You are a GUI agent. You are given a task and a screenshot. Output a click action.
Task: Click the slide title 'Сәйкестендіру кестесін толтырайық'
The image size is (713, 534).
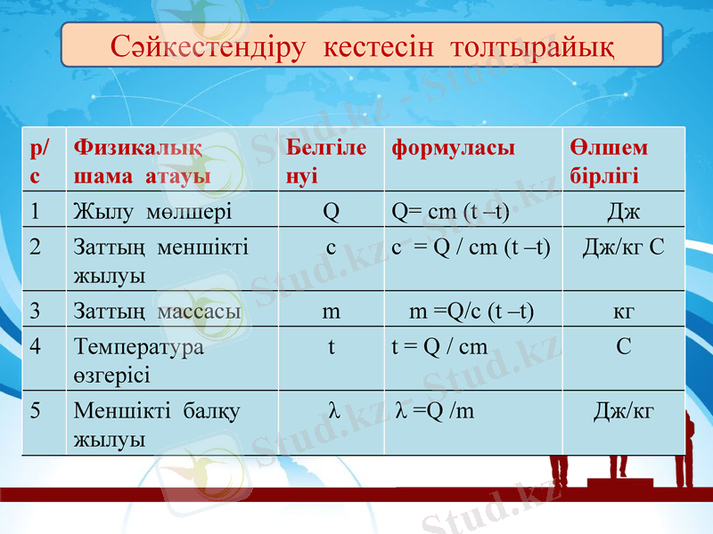[362, 45]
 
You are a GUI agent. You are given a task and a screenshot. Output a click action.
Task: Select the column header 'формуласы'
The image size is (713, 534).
[453, 148]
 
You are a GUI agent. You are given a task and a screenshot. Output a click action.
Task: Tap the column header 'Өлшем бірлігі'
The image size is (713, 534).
[609, 160]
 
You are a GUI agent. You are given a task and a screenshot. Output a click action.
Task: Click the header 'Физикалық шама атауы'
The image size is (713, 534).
[143, 160]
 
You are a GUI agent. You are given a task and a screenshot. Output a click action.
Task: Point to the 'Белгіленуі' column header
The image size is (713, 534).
[326, 160]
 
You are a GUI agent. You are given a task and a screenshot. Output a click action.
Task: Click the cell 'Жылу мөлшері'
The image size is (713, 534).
[152, 212]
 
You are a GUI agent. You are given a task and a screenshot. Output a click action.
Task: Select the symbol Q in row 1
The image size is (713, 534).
[331, 212]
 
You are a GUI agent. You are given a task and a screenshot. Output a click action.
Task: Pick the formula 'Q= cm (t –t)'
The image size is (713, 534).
[451, 212]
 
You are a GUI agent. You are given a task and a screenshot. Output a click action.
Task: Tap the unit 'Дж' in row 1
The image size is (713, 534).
[624, 212]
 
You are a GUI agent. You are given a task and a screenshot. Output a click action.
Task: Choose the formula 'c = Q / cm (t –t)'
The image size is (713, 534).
[471, 247]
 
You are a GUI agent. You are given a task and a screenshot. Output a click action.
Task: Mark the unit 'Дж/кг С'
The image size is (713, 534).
[623, 247]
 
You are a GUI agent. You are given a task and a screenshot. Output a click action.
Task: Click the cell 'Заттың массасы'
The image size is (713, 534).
[157, 311]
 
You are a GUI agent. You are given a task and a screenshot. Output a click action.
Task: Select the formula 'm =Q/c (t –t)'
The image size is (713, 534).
[471, 311]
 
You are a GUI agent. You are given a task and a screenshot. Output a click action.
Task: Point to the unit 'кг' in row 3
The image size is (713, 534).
[624, 311]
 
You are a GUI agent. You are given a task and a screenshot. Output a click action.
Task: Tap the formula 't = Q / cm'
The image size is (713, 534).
[440, 346]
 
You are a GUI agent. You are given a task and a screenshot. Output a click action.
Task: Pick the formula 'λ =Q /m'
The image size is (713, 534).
[434, 410]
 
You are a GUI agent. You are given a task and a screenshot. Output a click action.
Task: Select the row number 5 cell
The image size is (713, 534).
[36, 411]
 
